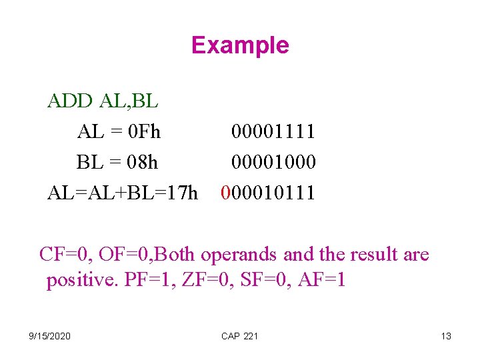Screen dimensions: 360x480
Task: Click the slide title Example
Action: coord(240,45)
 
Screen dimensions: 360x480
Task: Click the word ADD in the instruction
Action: coord(71,101)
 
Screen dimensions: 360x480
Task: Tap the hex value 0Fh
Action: coord(145,131)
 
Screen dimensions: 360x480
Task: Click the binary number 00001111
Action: coord(273,131)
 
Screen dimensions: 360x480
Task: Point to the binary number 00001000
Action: coord(273,162)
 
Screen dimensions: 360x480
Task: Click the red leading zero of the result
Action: coord(225,193)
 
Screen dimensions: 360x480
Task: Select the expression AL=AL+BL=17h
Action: coord(123,193)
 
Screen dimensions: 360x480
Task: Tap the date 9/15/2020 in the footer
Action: coord(51,336)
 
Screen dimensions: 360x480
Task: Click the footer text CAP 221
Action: coord(239,336)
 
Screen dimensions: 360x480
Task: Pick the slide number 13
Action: coord(446,336)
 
